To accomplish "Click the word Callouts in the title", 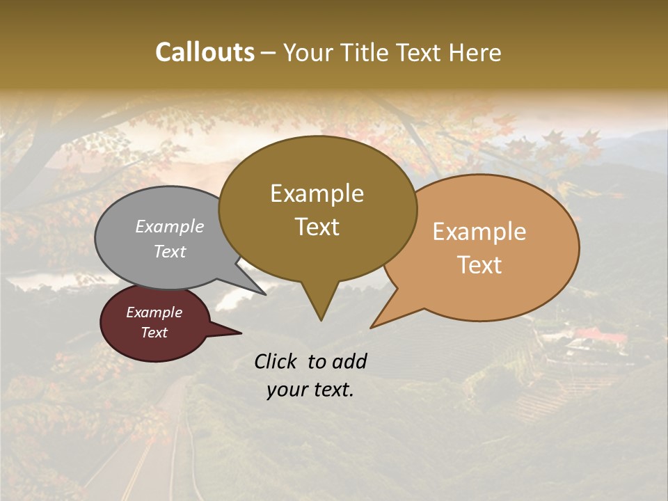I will (205, 52).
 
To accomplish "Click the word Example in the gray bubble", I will (170, 226).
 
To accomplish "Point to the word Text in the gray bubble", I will (170, 251).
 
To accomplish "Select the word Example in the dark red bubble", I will (154, 312).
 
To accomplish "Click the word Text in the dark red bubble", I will (154, 333).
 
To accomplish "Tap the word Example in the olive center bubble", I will (317, 193).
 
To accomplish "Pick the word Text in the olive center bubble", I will (317, 227).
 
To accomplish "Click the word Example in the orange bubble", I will (479, 232).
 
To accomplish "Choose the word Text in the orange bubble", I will (480, 265).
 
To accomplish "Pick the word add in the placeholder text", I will (350, 361).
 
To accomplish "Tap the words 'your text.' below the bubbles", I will (310, 390).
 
